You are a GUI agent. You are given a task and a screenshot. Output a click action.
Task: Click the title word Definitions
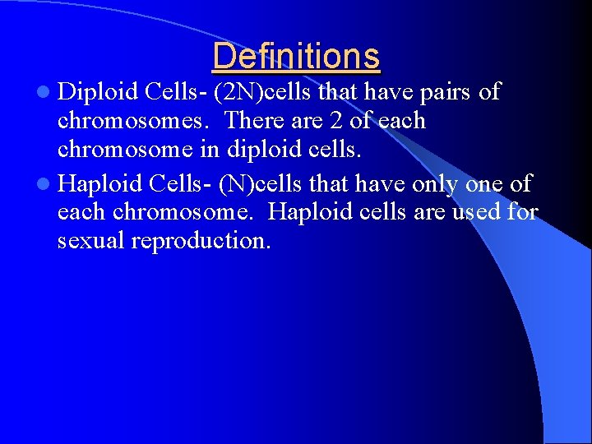[x=296, y=56]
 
